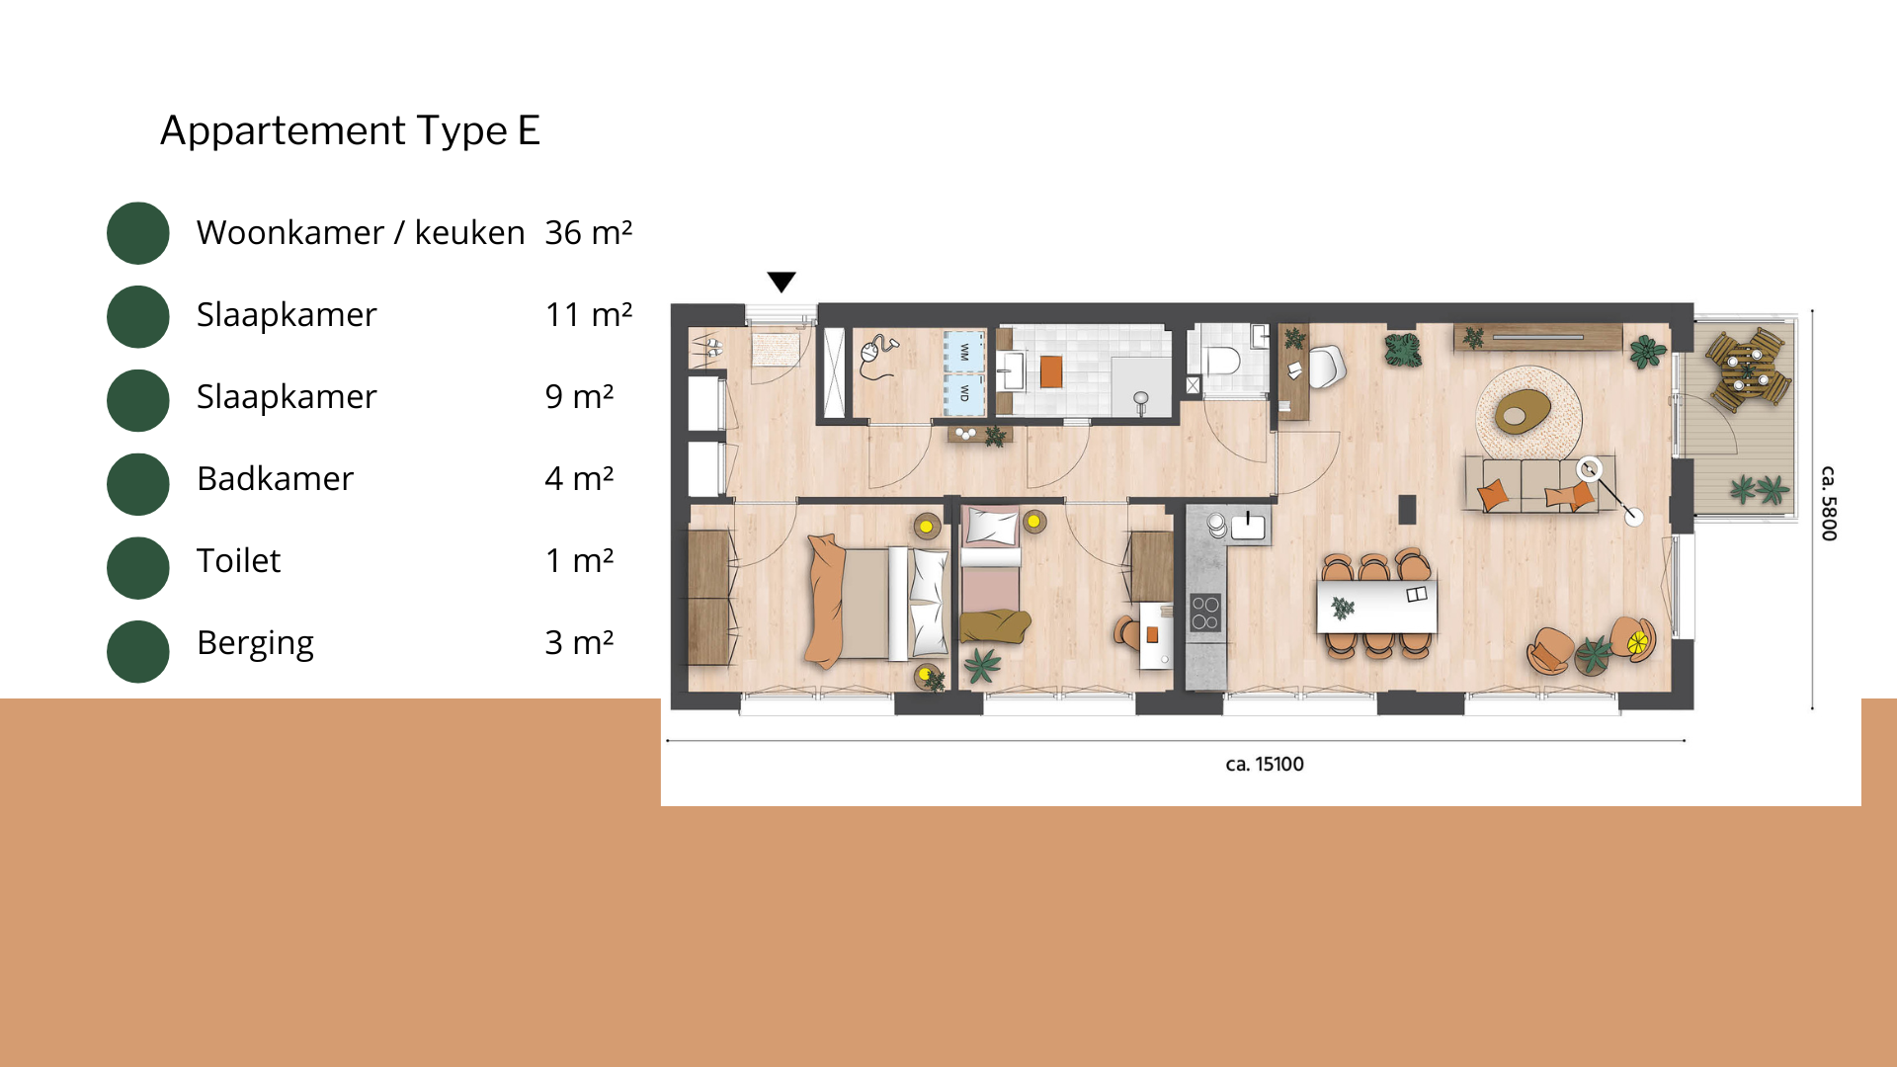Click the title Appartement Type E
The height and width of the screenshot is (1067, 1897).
[x=350, y=130]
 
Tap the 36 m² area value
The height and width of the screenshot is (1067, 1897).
[x=588, y=232]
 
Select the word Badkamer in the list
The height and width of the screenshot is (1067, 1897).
[x=275, y=478]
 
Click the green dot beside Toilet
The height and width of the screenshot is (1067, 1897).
[x=138, y=568]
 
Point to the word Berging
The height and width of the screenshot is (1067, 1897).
[x=255, y=643]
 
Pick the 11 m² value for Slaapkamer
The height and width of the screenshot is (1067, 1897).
[x=588, y=314]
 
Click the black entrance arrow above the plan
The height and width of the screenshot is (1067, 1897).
[x=782, y=283]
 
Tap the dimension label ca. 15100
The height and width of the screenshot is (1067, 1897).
[x=1265, y=764]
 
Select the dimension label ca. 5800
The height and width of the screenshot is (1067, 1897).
[x=1829, y=503]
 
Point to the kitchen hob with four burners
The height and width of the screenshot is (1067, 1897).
[x=1205, y=613]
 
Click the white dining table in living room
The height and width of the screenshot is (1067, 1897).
[x=1376, y=606]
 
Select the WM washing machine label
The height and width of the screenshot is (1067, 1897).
[x=964, y=351]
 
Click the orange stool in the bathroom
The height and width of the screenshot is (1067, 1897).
[x=1051, y=371]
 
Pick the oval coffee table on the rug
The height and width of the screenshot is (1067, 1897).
[x=1523, y=410]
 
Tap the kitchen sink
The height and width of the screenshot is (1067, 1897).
[x=1248, y=525]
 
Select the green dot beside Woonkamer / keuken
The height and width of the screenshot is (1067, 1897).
[x=138, y=233]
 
